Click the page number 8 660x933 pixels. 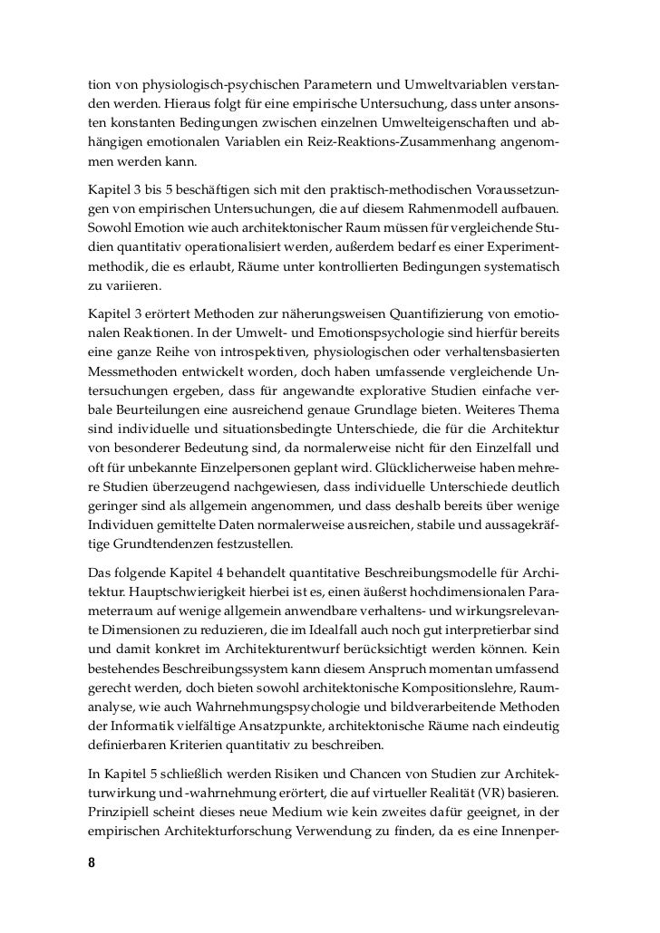point(92,861)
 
